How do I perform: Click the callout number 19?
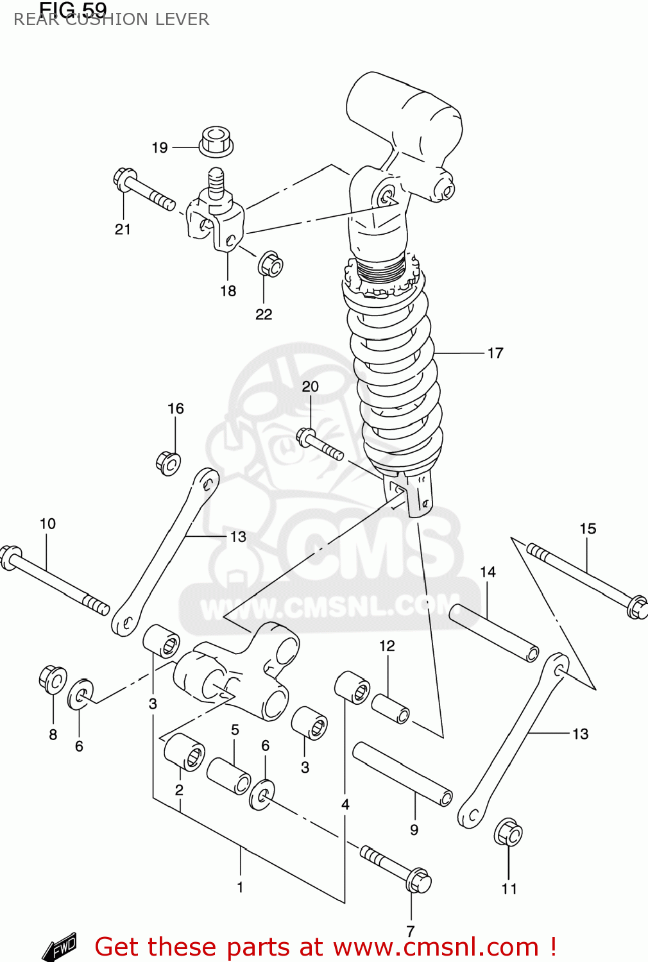(x=160, y=148)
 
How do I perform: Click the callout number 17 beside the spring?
(x=495, y=353)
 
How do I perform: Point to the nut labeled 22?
(x=270, y=264)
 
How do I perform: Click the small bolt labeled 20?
(x=319, y=444)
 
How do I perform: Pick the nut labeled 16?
(x=168, y=462)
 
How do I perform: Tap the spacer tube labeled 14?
(x=493, y=632)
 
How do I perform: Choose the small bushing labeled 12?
(x=390, y=709)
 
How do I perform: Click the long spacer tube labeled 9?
(x=402, y=773)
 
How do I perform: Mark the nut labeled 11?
(x=508, y=832)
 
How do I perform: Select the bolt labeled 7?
(x=396, y=867)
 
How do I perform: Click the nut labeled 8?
(x=52, y=679)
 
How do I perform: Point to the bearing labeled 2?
(x=184, y=751)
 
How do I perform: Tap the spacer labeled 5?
(x=229, y=775)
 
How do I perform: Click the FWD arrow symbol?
(x=60, y=946)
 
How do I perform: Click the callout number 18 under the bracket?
(x=228, y=291)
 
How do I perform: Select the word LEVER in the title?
(x=186, y=19)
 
